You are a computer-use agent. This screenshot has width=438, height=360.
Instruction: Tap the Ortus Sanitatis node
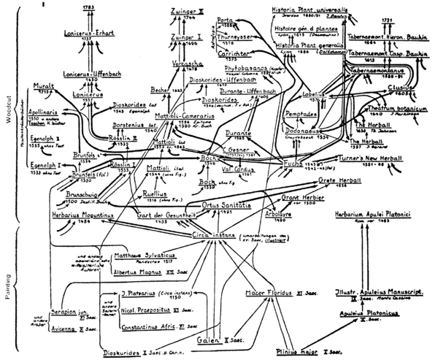coord(228,206)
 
